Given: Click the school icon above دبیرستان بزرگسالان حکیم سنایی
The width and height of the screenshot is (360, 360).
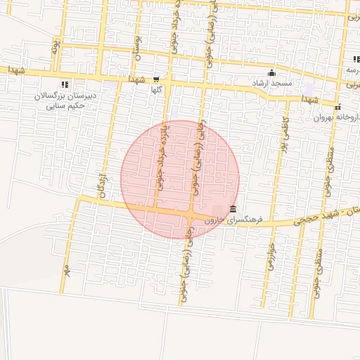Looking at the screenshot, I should [x=65, y=84].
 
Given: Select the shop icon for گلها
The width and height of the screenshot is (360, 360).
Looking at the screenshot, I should [x=155, y=80].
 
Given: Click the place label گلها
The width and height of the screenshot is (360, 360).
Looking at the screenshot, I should [x=156, y=90].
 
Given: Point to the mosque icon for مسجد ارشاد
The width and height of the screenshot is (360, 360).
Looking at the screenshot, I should [x=271, y=73].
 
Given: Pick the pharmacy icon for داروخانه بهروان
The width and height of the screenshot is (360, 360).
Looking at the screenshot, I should [x=338, y=108].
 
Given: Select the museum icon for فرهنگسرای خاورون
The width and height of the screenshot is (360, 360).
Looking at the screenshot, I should [x=233, y=209].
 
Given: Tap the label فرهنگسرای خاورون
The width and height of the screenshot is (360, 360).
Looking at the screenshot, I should [x=233, y=219].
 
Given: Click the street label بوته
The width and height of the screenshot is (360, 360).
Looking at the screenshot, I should [x=55, y=47].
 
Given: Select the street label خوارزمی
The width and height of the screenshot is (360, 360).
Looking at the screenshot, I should [x=270, y=256].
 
